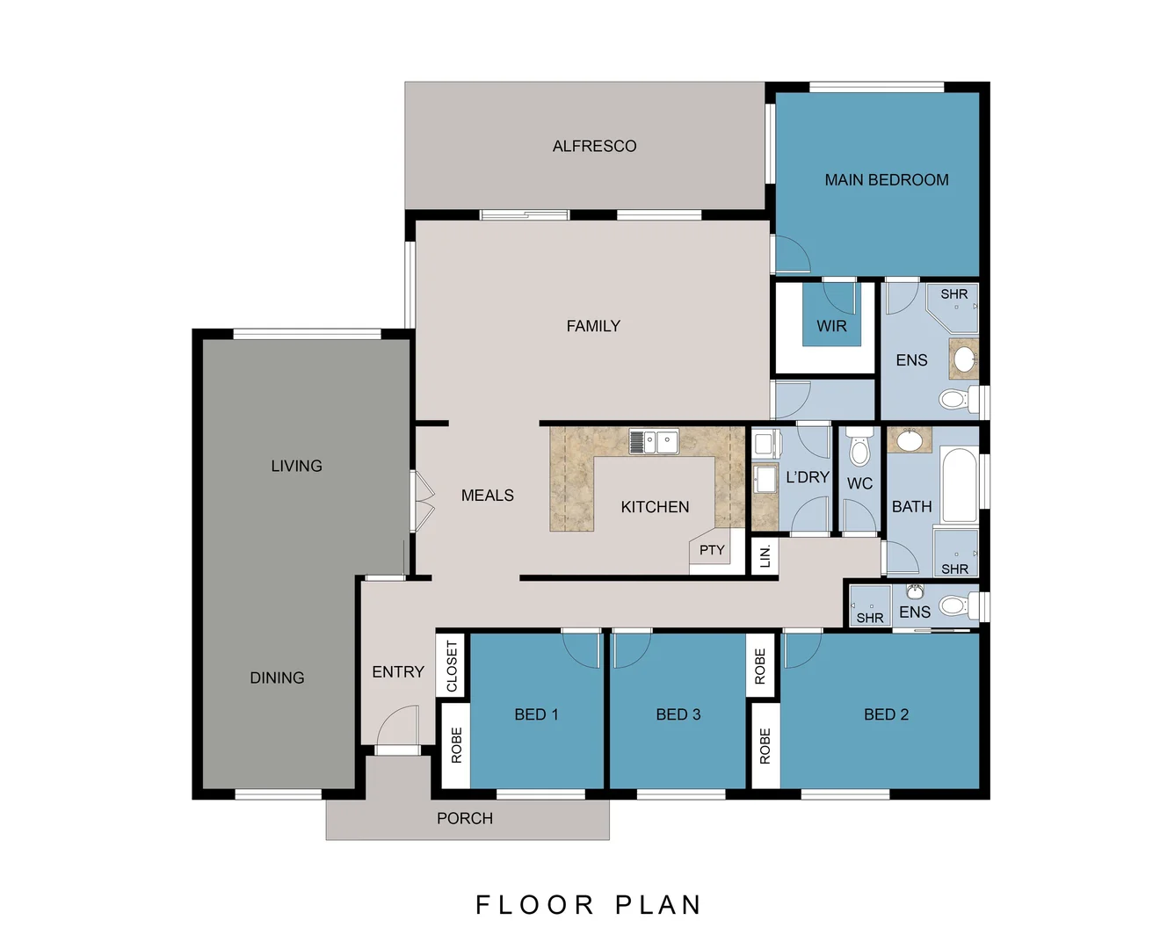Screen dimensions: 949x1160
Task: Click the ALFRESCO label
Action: pyautogui.click(x=594, y=146)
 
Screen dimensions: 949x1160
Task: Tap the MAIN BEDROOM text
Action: pyautogui.click(x=886, y=180)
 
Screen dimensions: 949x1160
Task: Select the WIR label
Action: pyautogui.click(x=831, y=326)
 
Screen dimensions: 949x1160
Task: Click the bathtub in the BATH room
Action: pyautogui.click(x=959, y=484)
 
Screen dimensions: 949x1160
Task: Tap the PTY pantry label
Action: pyautogui.click(x=712, y=551)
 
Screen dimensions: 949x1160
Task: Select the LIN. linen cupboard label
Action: pyautogui.click(x=765, y=555)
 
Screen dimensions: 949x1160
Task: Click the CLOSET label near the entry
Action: pyautogui.click(x=452, y=666)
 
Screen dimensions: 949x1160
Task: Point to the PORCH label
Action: pyautogui.click(x=465, y=818)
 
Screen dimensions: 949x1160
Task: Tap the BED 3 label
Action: pyautogui.click(x=678, y=714)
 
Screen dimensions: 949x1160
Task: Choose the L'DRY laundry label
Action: pyautogui.click(x=808, y=477)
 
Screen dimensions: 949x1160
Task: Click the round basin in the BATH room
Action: pyautogui.click(x=909, y=440)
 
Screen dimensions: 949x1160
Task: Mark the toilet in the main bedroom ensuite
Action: pyautogui.click(x=954, y=400)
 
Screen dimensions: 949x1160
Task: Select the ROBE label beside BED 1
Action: pyautogui.click(x=456, y=745)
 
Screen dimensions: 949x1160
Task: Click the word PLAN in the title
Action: pyautogui.click(x=658, y=905)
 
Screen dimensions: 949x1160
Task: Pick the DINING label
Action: pyautogui.click(x=277, y=677)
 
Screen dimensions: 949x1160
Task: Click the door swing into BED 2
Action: pyautogui.click(x=801, y=649)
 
